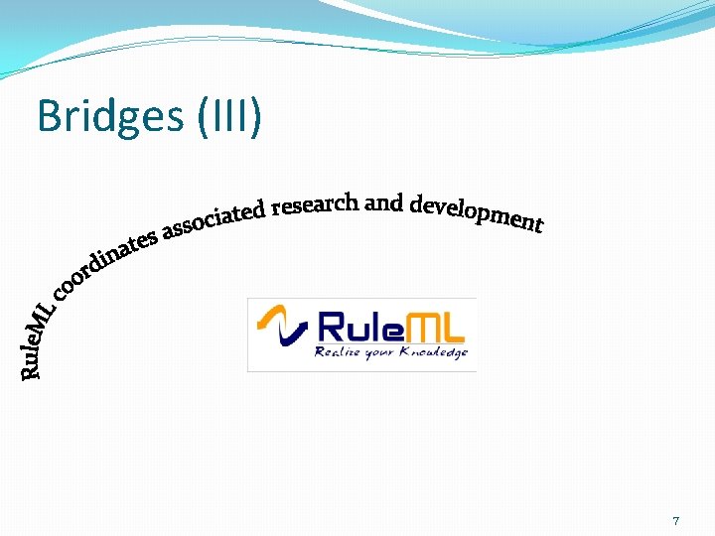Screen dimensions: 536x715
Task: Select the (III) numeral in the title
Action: coord(230,117)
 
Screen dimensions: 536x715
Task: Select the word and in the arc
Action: coord(383,203)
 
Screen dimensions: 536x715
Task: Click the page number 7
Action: coord(675,520)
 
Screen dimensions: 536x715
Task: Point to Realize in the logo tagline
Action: coord(338,352)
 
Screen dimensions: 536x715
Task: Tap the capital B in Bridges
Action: coord(48,117)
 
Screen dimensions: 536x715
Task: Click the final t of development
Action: coord(538,226)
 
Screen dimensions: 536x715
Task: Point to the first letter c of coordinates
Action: coord(61,290)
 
